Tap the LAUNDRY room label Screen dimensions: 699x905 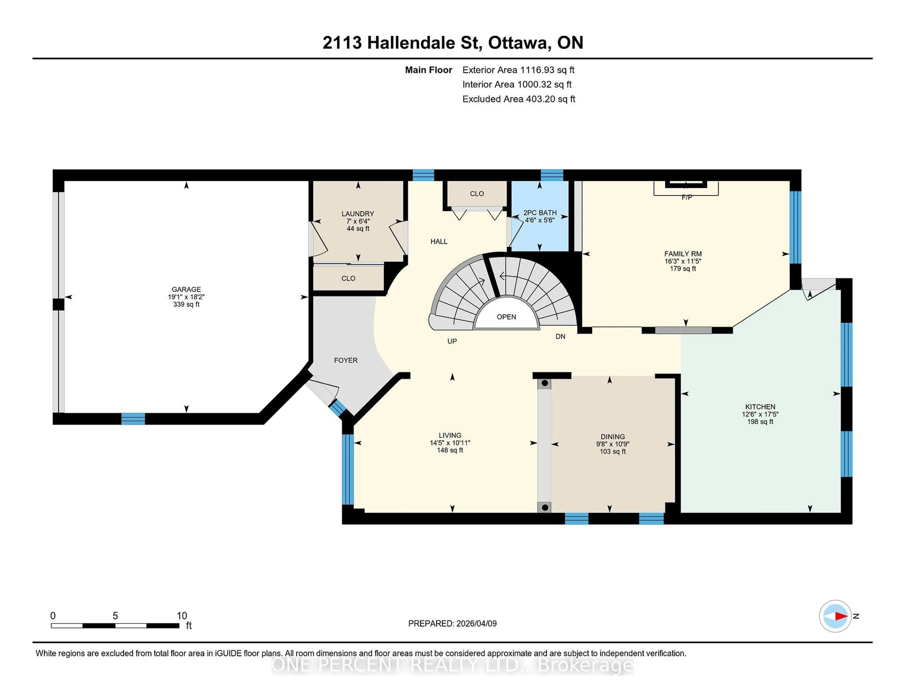pos(358,214)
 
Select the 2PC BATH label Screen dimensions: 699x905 pos(539,212)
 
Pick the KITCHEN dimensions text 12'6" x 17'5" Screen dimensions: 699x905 pos(760,414)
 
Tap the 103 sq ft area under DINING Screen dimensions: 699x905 pos(613,451)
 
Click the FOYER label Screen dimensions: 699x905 pos(346,360)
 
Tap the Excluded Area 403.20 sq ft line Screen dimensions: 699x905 pos(518,99)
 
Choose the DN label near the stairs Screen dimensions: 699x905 pos(560,337)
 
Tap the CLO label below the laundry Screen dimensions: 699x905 pos(348,278)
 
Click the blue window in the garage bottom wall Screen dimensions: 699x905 pos(133,419)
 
